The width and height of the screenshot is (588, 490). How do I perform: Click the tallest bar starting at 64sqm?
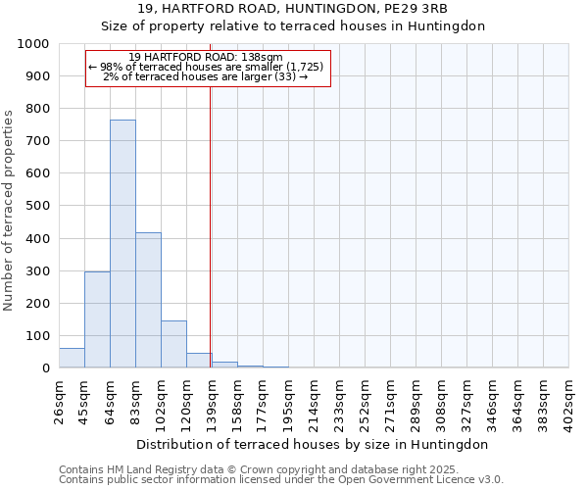point(122,244)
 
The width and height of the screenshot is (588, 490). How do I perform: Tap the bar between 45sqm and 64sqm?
point(97,319)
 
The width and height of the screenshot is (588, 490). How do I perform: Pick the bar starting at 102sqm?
point(173,344)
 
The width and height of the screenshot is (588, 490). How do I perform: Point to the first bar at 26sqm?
point(72,358)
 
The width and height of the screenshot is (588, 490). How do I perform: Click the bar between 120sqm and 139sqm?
point(199,361)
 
